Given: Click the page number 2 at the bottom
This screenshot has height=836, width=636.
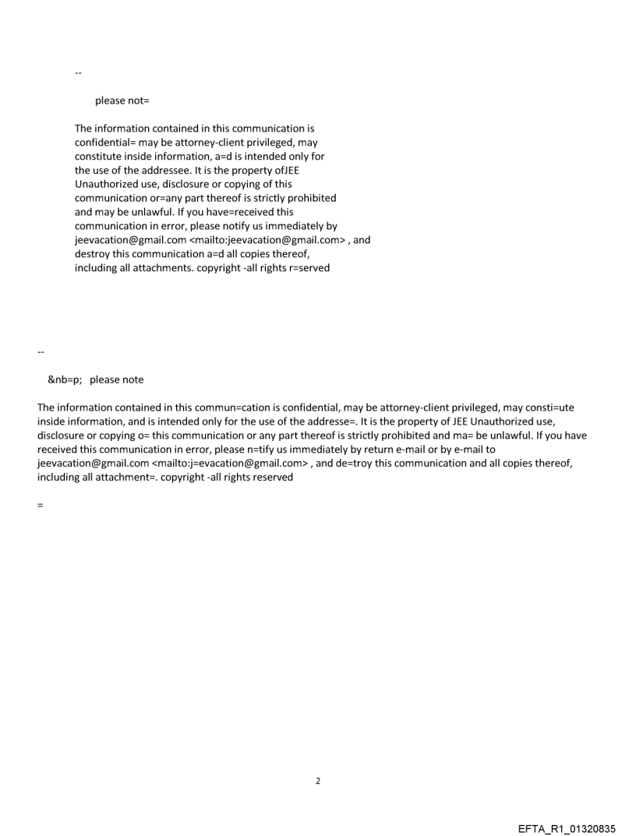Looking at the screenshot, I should click(317, 781).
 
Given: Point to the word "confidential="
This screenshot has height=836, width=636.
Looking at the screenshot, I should click(106, 143).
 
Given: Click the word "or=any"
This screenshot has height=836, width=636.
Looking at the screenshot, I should click(151, 198).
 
